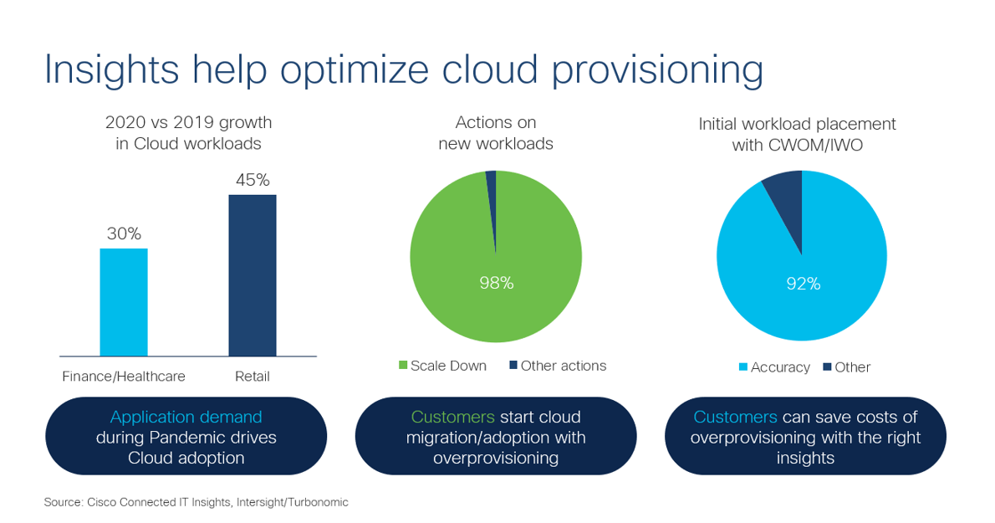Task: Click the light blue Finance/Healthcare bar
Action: (124, 302)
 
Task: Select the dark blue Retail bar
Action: (253, 275)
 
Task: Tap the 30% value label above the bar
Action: (124, 234)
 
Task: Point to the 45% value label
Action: (253, 180)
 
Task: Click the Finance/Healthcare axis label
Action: (124, 377)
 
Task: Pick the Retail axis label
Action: (253, 377)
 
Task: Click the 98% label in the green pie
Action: (496, 283)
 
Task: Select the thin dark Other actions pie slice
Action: (492, 201)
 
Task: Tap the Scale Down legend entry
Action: (443, 366)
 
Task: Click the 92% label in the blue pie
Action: (803, 284)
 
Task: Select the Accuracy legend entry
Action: (774, 367)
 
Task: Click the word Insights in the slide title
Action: (112, 70)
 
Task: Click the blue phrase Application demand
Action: (186, 417)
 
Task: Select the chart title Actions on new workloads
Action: (496, 133)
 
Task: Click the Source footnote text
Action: (196, 502)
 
